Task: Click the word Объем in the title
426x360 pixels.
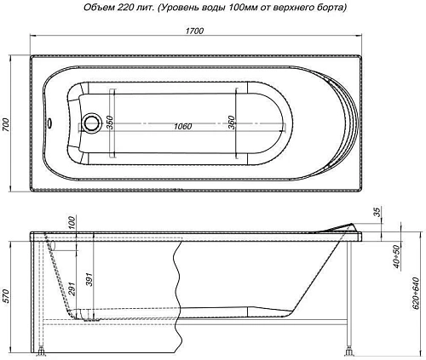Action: tap(95, 8)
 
